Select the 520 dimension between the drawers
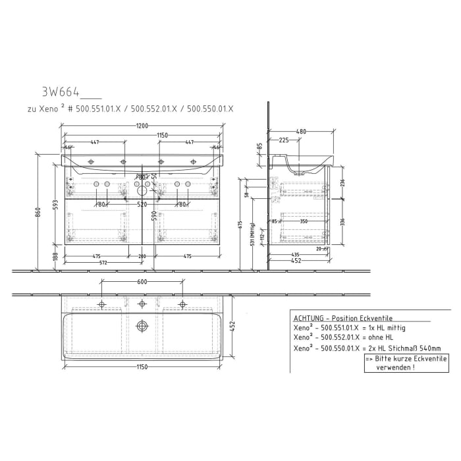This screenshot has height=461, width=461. [x=142, y=205]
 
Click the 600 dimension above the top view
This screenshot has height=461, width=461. [x=142, y=283]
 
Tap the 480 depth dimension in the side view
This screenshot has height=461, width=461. [x=300, y=132]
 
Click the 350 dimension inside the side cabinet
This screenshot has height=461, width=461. [x=304, y=222]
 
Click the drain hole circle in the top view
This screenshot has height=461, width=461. [x=142, y=326]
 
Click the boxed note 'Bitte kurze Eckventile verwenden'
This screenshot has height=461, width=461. [x=406, y=363]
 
